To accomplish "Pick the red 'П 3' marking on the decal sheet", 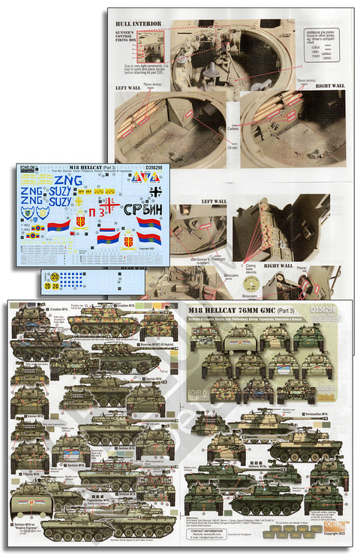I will pyautogui.click(x=96, y=213).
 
